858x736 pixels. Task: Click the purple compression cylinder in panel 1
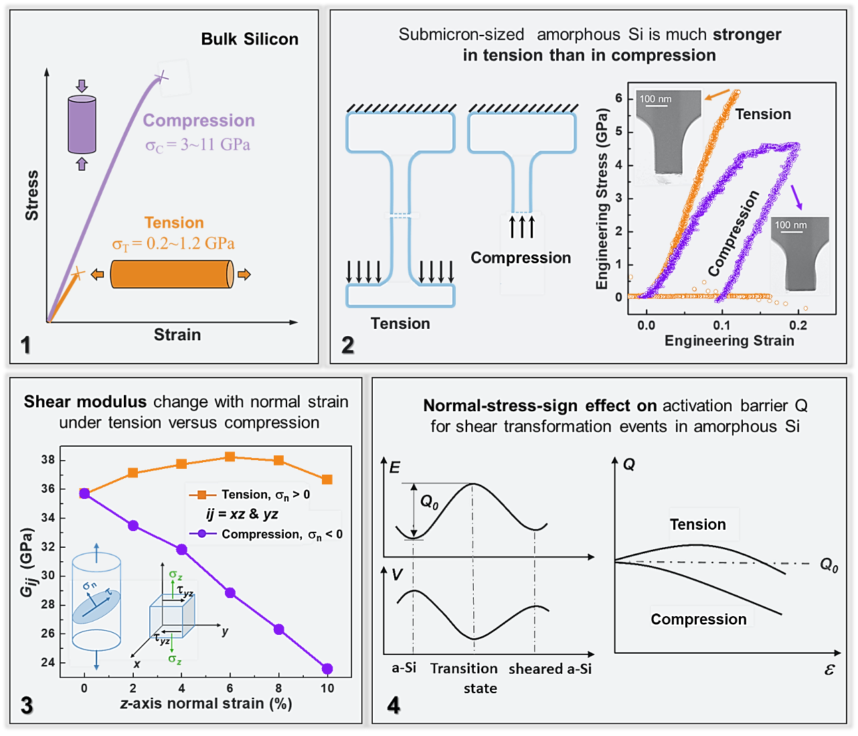click(82, 125)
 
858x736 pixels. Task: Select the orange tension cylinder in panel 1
click(171, 275)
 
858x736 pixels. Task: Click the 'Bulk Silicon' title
click(250, 40)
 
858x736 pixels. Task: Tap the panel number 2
click(348, 346)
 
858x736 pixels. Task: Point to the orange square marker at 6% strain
click(230, 457)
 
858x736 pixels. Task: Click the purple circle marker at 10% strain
click(327, 668)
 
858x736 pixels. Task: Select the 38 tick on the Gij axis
click(48, 460)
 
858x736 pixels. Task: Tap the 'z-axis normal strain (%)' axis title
click(206, 704)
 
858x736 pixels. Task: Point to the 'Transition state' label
click(464, 678)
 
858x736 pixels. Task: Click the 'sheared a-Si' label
click(550, 669)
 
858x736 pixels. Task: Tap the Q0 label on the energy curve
click(429, 502)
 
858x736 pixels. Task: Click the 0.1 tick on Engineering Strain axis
click(721, 326)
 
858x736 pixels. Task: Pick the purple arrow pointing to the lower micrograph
click(796, 197)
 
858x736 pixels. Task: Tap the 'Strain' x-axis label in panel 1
click(177, 335)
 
